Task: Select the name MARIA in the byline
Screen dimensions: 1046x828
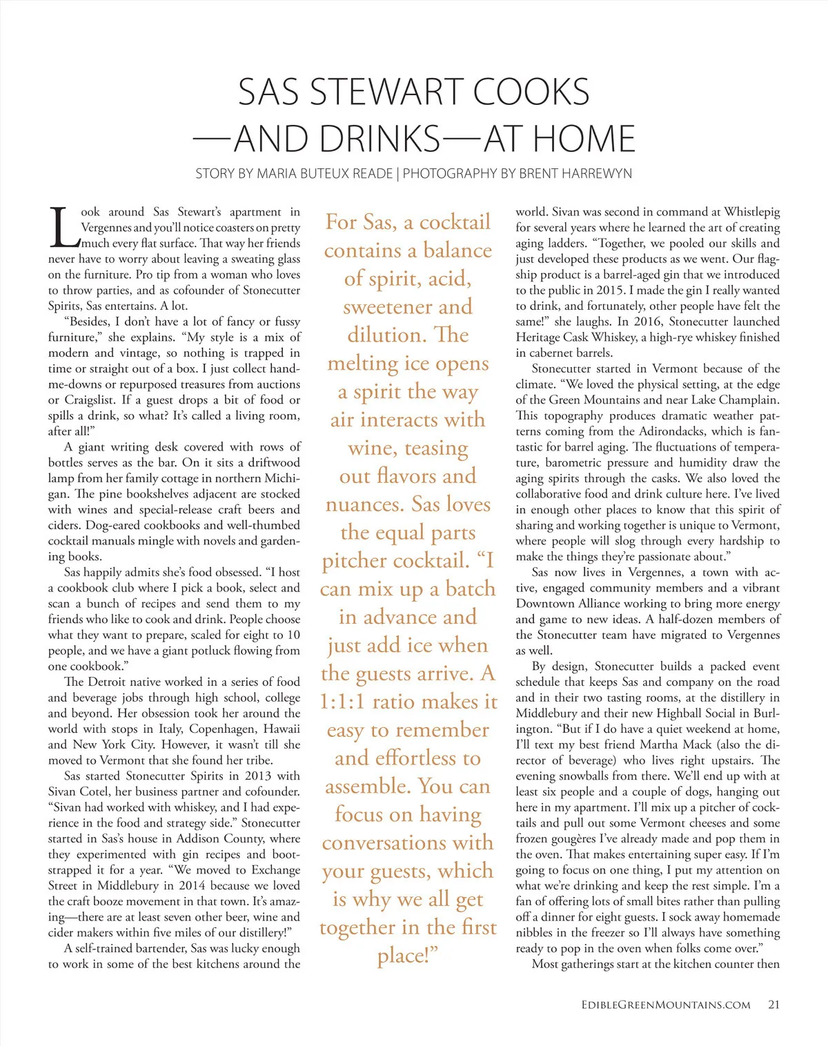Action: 277,173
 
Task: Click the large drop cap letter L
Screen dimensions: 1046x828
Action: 63,227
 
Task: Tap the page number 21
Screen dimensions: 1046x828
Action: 773,1005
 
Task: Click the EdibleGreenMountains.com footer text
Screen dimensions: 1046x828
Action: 665,1005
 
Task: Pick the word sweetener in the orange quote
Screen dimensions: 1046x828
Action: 388,306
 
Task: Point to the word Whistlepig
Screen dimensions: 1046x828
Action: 751,212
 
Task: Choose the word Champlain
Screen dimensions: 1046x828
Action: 749,400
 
